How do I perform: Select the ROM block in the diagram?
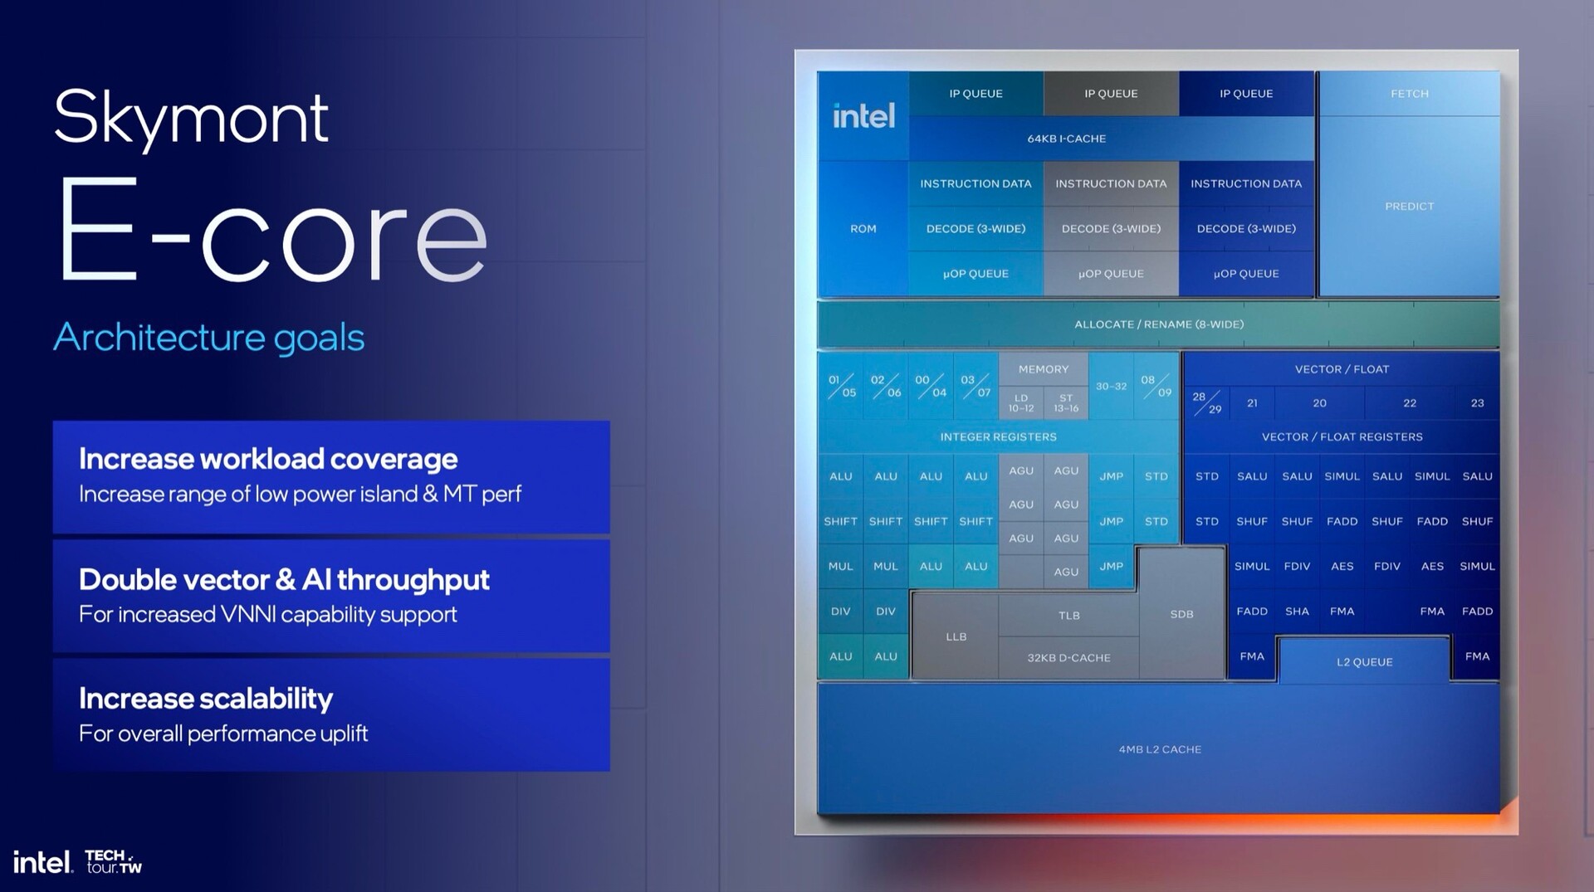pos(863,229)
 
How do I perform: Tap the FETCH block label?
pos(1409,94)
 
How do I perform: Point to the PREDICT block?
pos(1409,207)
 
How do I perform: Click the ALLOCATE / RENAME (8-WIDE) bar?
pos(1158,324)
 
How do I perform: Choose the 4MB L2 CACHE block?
pos(1159,749)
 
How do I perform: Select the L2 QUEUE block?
pos(1364,661)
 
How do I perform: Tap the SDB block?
pos(1181,614)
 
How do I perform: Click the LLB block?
pos(956,636)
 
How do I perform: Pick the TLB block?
pos(1068,616)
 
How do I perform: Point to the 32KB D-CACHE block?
pos(1068,658)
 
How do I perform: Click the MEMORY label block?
pos(1044,369)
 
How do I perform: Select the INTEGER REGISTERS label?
pos(998,436)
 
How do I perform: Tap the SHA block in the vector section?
pos(1297,612)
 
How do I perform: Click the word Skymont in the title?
pos(192,119)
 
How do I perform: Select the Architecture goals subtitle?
pos(209,337)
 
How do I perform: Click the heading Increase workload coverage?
pos(268,459)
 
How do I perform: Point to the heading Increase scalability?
pos(206,699)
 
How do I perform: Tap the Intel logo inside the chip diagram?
pos(863,116)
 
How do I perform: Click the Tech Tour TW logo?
pos(114,861)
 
